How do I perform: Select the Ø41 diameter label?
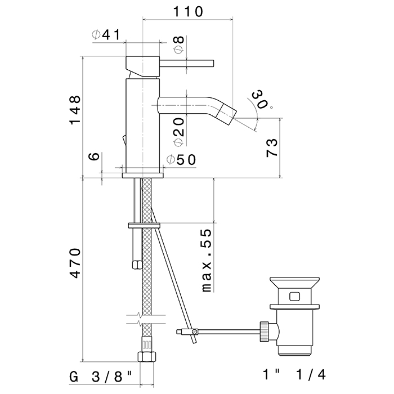pos(106,35)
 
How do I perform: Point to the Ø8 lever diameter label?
pos(178,45)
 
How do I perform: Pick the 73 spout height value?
pos(271,147)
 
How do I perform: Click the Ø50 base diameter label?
pos(181,160)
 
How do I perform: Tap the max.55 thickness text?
pos(207,261)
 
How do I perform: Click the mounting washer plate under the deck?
pos(145,225)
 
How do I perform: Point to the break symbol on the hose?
pos(146,319)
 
